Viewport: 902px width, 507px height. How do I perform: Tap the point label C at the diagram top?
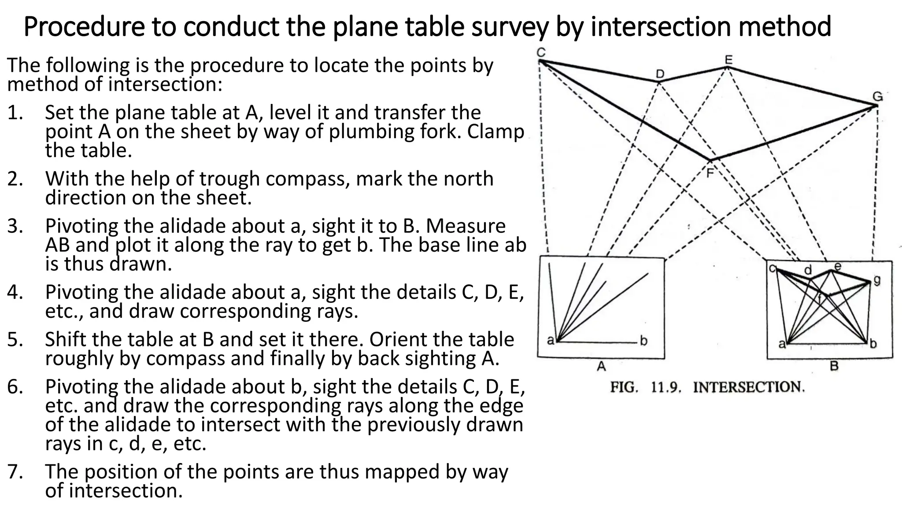pyautogui.click(x=541, y=52)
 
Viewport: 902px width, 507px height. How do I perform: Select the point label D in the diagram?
pyautogui.click(x=659, y=74)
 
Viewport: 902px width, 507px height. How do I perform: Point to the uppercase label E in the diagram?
pyautogui.click(x=728, y=59)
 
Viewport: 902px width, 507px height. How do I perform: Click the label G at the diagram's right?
pyautogui.click(x=877, y=96)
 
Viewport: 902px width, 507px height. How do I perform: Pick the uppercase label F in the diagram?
pyautogui.click(x=710, y=173)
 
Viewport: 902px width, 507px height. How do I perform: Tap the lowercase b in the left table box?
pyautogui.click(x=643, y=341)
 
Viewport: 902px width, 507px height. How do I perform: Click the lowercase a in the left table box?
pyautogui.click(x=550, y=340)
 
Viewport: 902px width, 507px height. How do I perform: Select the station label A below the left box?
pyautogui.click(x=601, y=366)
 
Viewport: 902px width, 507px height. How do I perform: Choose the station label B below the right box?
pyautogui.click(x=834, y=366)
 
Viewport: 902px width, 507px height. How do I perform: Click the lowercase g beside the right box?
pyautogui.click(x=877, y=280)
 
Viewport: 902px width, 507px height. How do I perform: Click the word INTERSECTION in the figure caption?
pyautogui.click(x=749, y=388)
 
